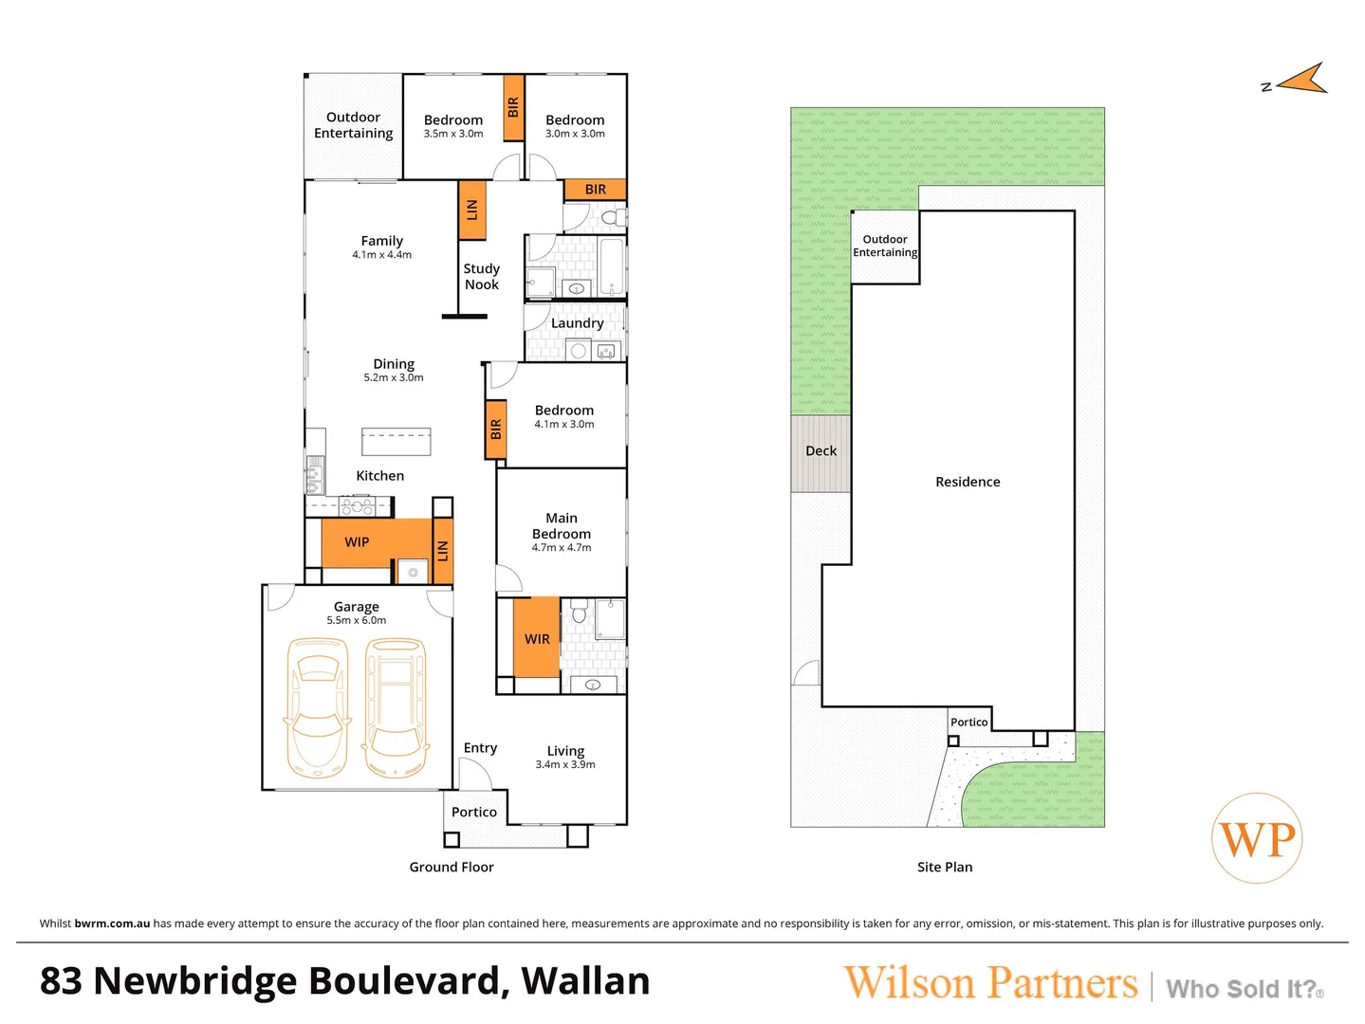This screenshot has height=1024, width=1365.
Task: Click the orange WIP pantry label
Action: coord(357,542)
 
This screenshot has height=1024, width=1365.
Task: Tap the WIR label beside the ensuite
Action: coord(537,639)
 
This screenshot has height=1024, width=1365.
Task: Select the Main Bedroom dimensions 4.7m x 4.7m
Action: coord(562,548)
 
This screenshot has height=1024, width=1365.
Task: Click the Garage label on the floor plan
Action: coord(357,607)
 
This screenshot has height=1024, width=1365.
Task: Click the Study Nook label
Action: coord(482,277)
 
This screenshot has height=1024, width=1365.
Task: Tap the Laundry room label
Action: coord(577,323)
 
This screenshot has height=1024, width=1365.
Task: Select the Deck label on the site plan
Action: coord(821,451)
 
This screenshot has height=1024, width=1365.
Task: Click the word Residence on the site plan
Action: coord(968,482)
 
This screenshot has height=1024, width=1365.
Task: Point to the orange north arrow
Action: coord(1303,80)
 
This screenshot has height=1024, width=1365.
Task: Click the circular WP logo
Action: coord(1257,839)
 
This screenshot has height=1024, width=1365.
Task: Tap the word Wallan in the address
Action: coord(586,981)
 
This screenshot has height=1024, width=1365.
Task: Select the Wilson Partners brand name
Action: coord(990,983)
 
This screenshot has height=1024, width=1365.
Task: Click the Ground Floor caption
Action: coord(452,867)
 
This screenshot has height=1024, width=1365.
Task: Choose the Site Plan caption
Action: coord(945,867)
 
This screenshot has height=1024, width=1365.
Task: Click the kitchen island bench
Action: coord(397,442)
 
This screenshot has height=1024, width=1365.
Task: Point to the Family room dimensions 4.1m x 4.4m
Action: coord(382,255)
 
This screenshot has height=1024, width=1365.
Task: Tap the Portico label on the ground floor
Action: coord(474,813)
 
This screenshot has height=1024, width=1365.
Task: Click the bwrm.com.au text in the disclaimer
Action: coord(112,923)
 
